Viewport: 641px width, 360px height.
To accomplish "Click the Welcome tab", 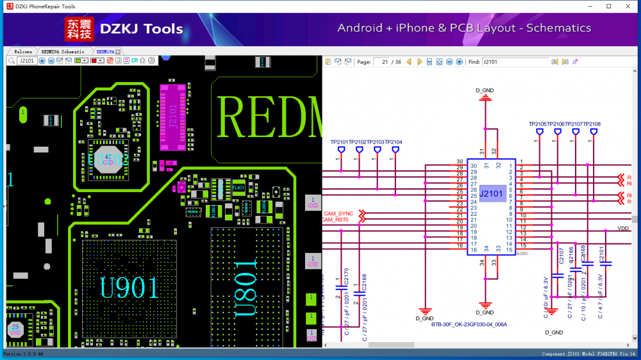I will (23, 51).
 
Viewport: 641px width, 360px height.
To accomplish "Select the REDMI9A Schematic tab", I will (62, 51).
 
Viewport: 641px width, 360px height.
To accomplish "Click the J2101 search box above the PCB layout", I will (26, 61).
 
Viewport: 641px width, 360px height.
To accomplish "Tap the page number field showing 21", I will (385, 62).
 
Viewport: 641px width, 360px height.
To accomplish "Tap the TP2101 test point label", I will (339, 142).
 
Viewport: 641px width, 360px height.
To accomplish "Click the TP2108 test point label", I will (592, 124).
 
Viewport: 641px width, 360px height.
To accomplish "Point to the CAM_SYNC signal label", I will (338, 213).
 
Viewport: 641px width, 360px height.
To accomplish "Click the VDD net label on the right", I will (622, 229).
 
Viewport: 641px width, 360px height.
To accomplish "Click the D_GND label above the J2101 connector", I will (485, 90).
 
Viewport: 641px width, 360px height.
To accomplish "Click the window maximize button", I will (608, 6).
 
